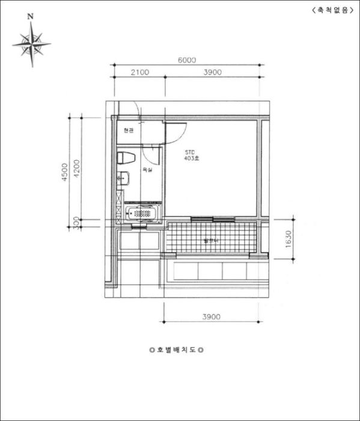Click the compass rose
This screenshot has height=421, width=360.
pyautogui.click(x=31, y=43)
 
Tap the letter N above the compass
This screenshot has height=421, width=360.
pyautogui.click(x=31, y=17)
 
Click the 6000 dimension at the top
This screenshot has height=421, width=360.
pyautogui.click(x=187, y=60)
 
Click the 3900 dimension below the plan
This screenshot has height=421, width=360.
pyautogui.click(x=213, y=316)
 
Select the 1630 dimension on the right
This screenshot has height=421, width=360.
pyautogui.click(x=288, y=240)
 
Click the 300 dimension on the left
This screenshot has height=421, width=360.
pyautogui.click(x=76, y=223)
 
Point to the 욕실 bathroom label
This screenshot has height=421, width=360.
pyautogui.click(x=147, y=171)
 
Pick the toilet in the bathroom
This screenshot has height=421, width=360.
pyautogui.click(x=125, y=158)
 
